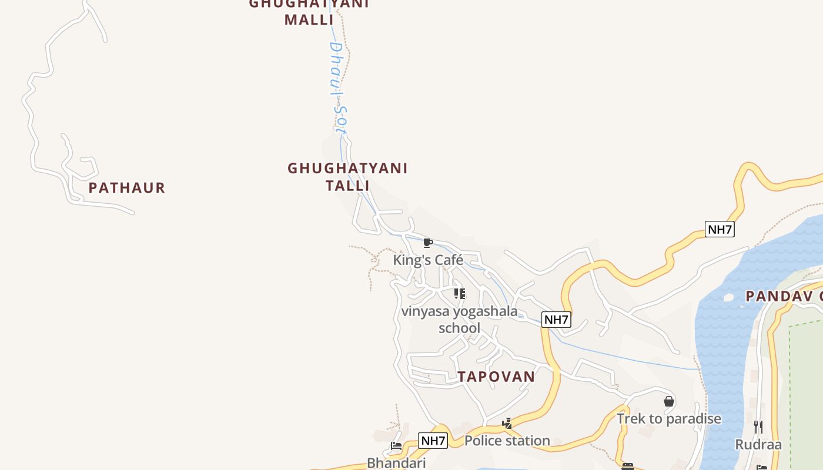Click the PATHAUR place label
pyautogui.click(x=127, y=188)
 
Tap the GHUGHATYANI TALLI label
pyautogui.click(x=347, y=177)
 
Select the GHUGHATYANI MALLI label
pyautogui.click(x=309, y=12)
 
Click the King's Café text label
pyautogui.click(x=428, y=260)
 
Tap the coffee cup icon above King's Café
pyautogui.click(x=428, y=243)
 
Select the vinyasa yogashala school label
pyautogui.click(x=459, y=319)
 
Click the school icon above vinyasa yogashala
pyautogui.click(x=459, y=293)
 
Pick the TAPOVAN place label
pyautogui.click(x=496, y=377)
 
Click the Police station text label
pyautogui.click(x=507, y=441)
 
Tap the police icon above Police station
pyautogui.click(x=507, y=423)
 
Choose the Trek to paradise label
pyautogui.click(x=668, y=419)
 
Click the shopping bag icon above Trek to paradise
pyautogui.click(x=668, y=401)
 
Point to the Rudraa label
pyautogui.click(x=758, y=444)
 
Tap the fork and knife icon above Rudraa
pyautogui.click(x=758, y=427)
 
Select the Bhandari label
pyautogui.click(x=396, y=463)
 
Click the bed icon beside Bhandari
pyautogui.click(x=396, y=446)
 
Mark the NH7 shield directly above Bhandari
pyautogui.click(x=433, y=441)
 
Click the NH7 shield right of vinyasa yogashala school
pyautogui.click(x=556, y=320)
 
